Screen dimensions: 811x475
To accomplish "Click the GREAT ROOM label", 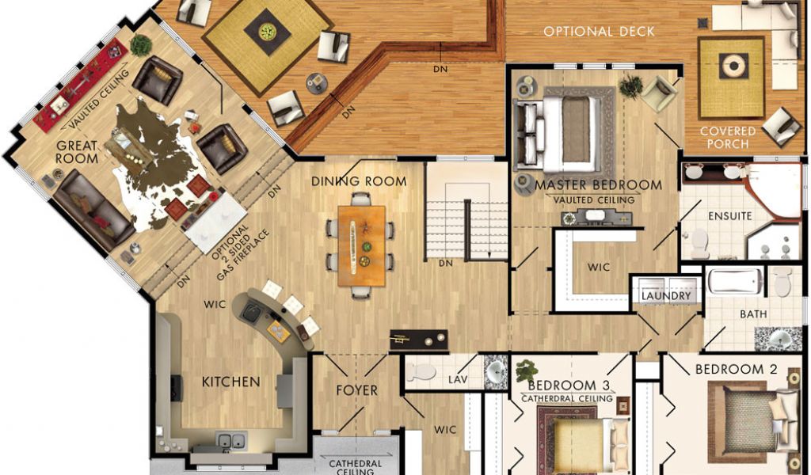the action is (x=77, y=152).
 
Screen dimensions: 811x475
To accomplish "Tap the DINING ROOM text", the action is (x=359, y=181).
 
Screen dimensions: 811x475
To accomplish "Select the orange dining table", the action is (x=362, y=245).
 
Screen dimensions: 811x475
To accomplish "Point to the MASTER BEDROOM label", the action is (x=599, y=185).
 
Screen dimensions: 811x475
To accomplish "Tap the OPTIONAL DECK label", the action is (x=599, y=32).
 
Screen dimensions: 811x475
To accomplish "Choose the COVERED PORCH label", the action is (x=728, y=138).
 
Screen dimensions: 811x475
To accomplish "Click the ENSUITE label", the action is (x=729, y=215).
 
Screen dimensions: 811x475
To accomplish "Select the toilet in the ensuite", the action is (x=699, y=243).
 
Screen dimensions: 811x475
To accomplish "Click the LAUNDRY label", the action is (x=666, y=296).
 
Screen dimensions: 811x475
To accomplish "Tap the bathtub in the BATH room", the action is (x=734, y=281).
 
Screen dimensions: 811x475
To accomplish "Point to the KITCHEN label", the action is (x=230, y=382).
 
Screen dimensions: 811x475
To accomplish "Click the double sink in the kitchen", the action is (x=231, y=441).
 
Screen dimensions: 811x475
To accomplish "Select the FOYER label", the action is (x=357, y=390).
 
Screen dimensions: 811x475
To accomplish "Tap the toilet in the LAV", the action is (x=421, y=371).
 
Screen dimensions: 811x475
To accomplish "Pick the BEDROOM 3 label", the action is (x=569, y=386).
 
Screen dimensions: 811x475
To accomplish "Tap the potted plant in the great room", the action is (x=141, y=45).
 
